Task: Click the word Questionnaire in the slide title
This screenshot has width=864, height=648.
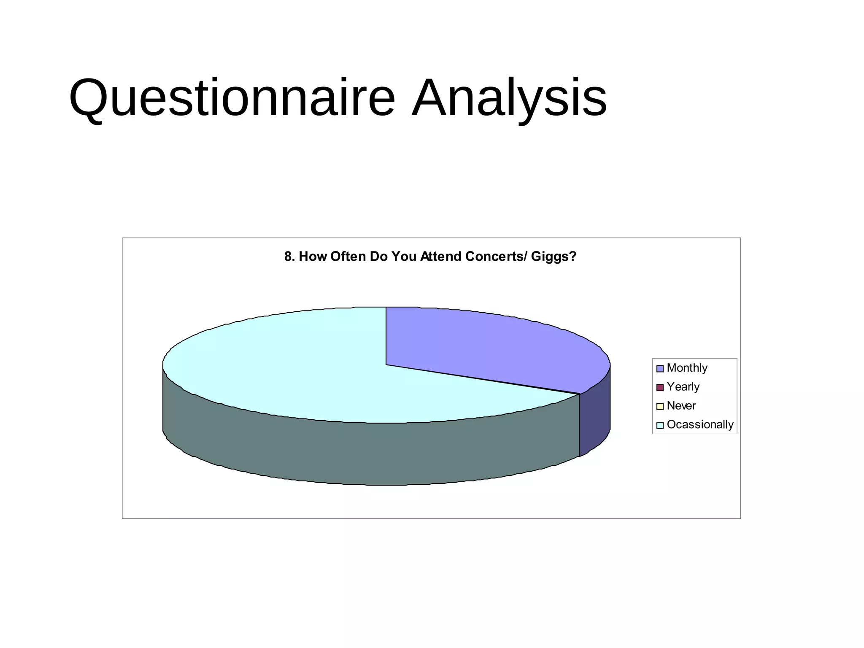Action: point(232,98)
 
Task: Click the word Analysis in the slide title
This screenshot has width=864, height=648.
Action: point(509,98)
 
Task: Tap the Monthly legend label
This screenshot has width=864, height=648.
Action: point(687,368)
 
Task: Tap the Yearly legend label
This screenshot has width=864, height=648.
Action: point(683,387)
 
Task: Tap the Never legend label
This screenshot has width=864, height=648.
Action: point(681,406)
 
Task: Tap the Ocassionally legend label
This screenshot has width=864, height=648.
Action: point(700,424)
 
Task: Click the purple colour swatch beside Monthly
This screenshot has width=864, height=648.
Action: point(660,368)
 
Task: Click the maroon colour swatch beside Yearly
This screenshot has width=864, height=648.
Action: point(660,387)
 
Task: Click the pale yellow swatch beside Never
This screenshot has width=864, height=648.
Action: point(660,406)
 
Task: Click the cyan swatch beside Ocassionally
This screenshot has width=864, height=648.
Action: point(660,425)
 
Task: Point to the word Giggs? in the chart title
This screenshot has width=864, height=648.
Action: point(553,256)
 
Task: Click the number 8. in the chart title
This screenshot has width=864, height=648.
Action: point(289,256)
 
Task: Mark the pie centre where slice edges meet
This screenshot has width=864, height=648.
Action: point(386,364)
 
